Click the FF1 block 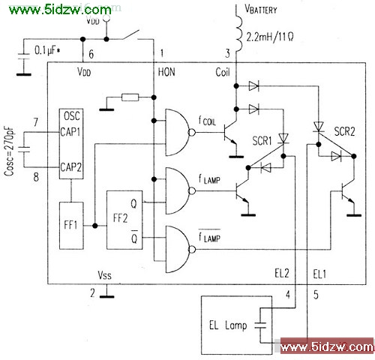(71, 226)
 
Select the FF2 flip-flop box (124, 220)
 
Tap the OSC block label (72, 116)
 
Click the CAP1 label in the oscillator (70, 132)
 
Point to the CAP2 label (70, 167)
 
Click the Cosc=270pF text (9, 151)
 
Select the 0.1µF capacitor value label (47, 51)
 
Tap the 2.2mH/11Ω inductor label (270, 37)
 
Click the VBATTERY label (261, 9)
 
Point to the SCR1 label (262, 141)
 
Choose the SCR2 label (344, 131)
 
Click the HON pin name (166, 72)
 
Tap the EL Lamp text (228, 325)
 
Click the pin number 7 (36, 122)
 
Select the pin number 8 (36, 177)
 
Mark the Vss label (104, 275)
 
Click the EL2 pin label (282, 273)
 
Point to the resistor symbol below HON (130, 97)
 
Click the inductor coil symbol (238, 33)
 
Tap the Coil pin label (223, 72)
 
